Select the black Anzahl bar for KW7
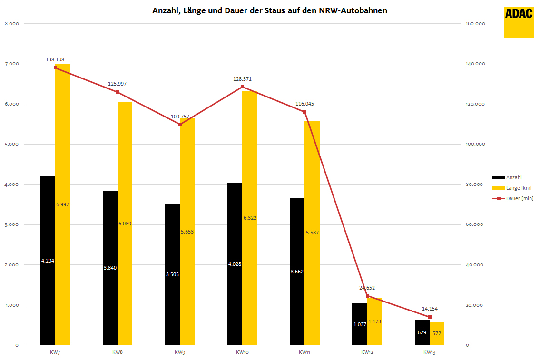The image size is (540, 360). (48, 260)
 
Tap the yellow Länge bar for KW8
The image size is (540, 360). (125, 223)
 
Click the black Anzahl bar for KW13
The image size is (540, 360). (422, 332)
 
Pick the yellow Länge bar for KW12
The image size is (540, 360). (374, 321)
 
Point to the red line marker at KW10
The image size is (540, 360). (242, 87)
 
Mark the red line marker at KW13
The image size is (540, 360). (430, 317)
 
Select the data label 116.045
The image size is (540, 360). (304, 104)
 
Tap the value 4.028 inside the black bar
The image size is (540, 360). (235, 264)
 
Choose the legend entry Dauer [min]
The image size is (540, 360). (520, 198)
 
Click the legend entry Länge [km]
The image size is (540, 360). (519, 188)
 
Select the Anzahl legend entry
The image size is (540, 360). (514, 177)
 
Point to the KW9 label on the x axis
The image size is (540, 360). (179, 352)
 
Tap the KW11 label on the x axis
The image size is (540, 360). (304, 352)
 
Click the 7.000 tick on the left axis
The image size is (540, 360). (11, 64)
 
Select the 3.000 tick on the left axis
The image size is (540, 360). (11, 225)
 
